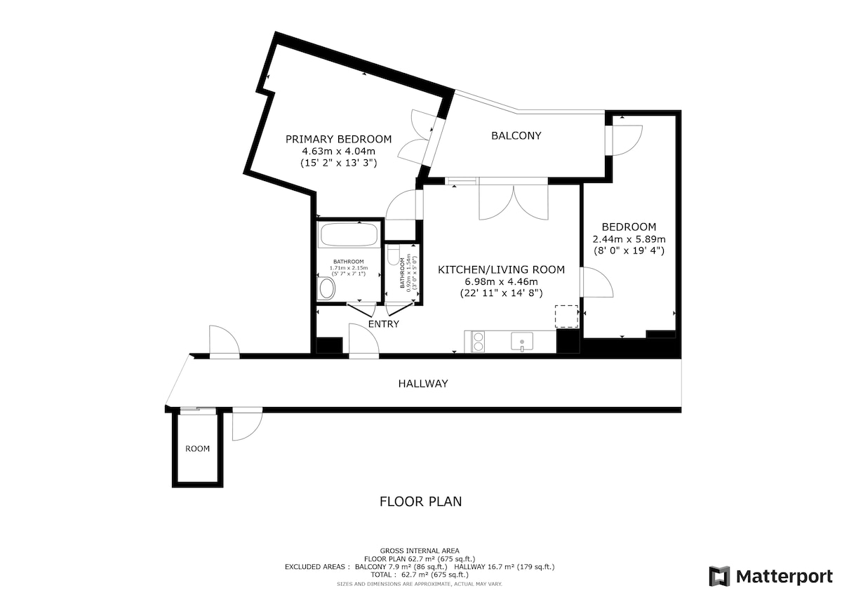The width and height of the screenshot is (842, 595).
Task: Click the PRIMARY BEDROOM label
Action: tap(338, 140)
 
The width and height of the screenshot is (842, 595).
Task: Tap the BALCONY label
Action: tap(516, 135)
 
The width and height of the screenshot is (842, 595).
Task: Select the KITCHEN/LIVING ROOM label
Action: tap(501, 269)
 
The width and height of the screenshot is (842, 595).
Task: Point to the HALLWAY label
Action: tap(423, 383)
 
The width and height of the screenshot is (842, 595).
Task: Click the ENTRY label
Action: tap(383, 324)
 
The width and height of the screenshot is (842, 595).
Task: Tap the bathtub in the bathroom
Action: tap(349, 235)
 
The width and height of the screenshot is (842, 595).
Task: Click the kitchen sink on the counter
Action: tap(522, 341)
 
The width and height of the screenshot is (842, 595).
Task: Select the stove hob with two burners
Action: tap(478, 342)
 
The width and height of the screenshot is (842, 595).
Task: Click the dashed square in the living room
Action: tap(566, 316)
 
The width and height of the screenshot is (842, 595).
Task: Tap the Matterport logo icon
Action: tap(719, 576)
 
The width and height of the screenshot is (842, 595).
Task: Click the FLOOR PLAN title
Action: tap(420, 502)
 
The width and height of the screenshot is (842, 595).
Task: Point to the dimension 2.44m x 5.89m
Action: tap(629, 239)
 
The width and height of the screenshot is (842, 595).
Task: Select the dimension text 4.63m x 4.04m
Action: tap(339, 152)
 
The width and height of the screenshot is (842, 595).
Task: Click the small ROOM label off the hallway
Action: tap(197, 449)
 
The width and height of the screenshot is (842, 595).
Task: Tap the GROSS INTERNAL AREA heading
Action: tap(420, 551)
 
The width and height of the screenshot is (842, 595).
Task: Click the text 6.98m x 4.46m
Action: tap(501, 281)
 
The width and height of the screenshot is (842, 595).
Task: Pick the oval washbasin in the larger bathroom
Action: tap(327, 288)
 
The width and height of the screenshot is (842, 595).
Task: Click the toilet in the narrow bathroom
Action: tap(393, 255)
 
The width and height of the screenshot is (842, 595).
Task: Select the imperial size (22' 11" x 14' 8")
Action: tap(501, 293)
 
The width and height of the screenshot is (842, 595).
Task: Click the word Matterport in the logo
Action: tap(784, 577)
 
